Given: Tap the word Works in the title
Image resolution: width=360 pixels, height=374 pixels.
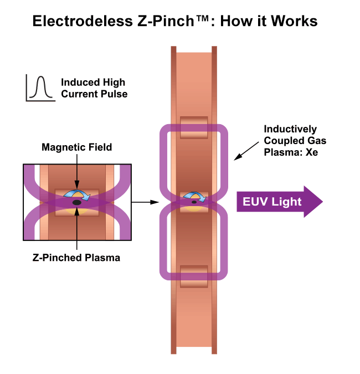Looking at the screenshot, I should coord(295,21).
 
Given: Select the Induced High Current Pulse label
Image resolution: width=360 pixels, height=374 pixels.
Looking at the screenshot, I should coord(94,88).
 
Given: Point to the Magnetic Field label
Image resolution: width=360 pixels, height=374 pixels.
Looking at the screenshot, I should coord(77,147).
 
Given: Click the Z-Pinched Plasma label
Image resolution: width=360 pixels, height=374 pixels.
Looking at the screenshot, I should coord(77,258).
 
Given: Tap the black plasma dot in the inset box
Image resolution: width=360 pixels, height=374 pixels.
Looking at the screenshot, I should coord(77,203).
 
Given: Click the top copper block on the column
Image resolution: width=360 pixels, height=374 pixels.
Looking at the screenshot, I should coord(194,127).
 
